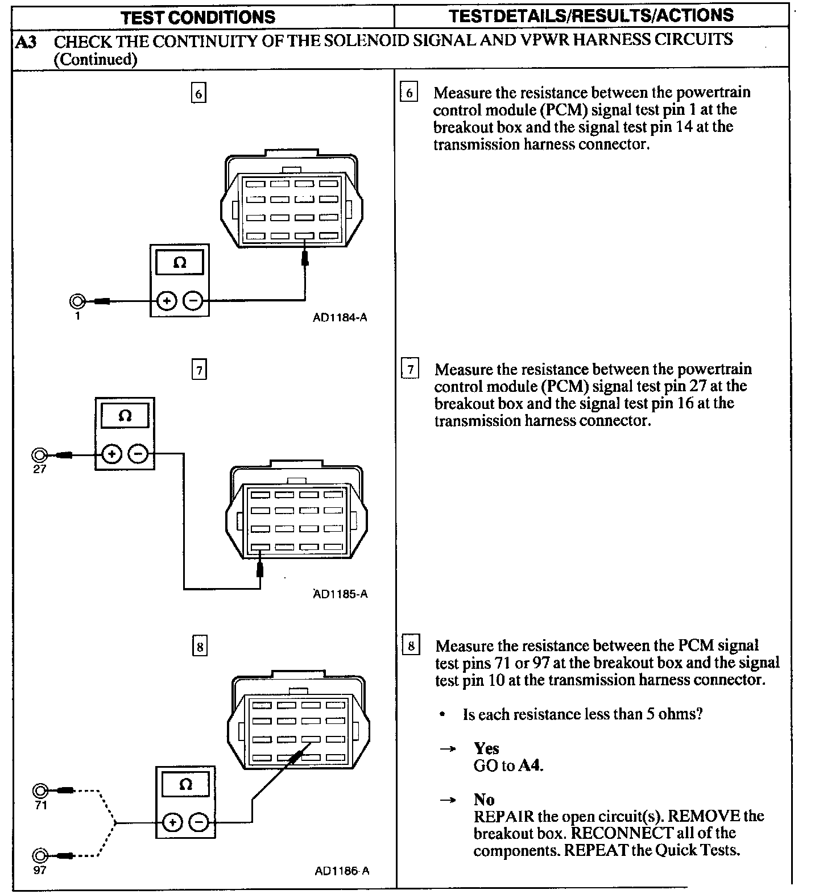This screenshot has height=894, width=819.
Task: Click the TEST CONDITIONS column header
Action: [x=198, y=16]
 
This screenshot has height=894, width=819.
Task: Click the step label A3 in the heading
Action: [x=26, y=42]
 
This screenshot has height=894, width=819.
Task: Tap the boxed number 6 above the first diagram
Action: [x=198, y=93]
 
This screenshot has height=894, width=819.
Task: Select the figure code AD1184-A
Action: [x=340, y=318]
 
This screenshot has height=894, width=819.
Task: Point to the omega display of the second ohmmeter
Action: [x=125, y=416]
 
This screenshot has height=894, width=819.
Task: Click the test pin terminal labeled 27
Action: [x=40, y=455]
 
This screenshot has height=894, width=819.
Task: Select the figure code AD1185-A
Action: [x=340, y=594]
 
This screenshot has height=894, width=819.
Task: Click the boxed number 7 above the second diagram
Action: [x=199, y=371]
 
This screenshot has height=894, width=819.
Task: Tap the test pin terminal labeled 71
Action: [x=40, y=790]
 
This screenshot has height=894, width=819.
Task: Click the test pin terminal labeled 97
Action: [x=40, y=855]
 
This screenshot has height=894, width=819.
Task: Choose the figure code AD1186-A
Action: [x=341, y=871]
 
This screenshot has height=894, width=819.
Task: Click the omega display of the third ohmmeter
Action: [x=185, y=785]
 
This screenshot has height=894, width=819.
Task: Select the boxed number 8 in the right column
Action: [x=411, y=646]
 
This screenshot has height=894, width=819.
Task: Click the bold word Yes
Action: [x=486, y=748]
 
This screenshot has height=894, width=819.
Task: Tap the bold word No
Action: [x=484, y=800]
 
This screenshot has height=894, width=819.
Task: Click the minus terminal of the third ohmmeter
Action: [x=199, y=822]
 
